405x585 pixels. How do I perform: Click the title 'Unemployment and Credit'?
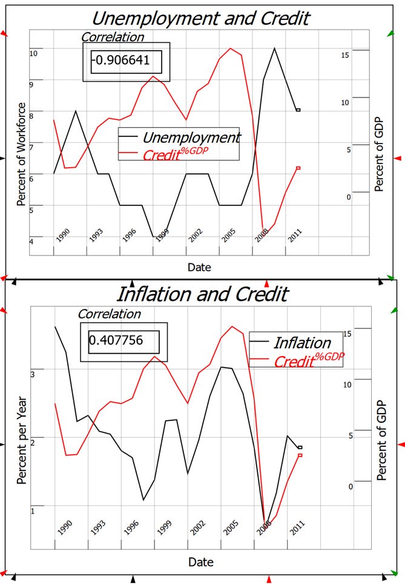tap(200, 18)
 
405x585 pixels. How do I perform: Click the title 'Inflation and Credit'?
tap(202, 294)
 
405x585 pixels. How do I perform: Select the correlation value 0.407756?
tap(116, 340)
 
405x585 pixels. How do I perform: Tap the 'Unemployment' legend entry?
tap(191, 137)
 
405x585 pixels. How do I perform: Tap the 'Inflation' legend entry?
tap(302, 343)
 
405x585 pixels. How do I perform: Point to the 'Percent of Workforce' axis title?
tap(21, 154)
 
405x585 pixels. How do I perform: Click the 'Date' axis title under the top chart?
tap(199, 267)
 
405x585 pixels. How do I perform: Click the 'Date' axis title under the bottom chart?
tap(200, 563)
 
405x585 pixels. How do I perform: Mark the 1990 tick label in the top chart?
tap(63, 236)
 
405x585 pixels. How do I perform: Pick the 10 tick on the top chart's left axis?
tap(33, 53)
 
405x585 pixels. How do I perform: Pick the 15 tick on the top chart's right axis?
tap(344, 55)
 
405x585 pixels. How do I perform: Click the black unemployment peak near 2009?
tap(274, 48)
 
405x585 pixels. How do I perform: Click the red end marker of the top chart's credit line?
tap(298, 168)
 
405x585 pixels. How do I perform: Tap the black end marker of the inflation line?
tap(300, 448)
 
